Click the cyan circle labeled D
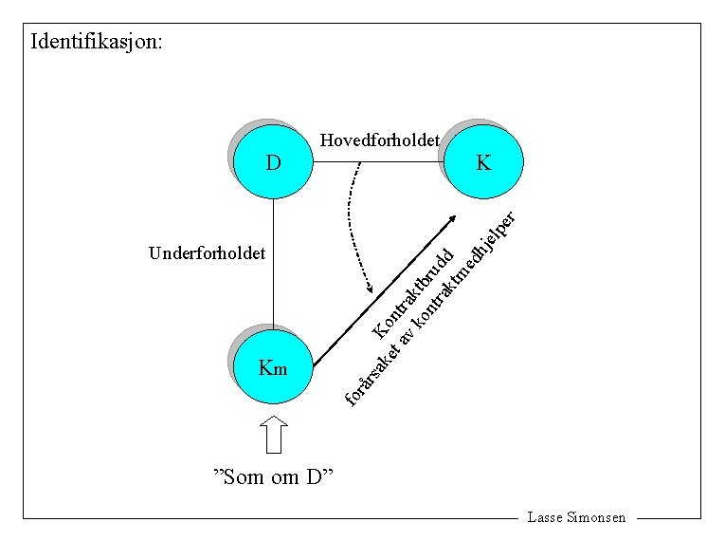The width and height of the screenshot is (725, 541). [x=273, y=162]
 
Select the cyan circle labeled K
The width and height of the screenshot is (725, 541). [x=484, y=162]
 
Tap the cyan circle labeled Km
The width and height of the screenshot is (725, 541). [x=273, y=367]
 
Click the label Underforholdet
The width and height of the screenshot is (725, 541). [x=208, y=253]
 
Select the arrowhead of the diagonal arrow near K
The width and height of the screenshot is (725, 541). [x=452, y=218]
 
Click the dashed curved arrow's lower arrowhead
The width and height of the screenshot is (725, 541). [x=371, y=289]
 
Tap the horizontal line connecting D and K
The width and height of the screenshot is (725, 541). [x=379, y=162]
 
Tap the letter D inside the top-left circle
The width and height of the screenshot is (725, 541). [x=273, y=162]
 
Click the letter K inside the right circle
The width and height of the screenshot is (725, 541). [x=484, y=162]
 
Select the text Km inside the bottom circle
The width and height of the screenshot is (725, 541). [x=273, y=368]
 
